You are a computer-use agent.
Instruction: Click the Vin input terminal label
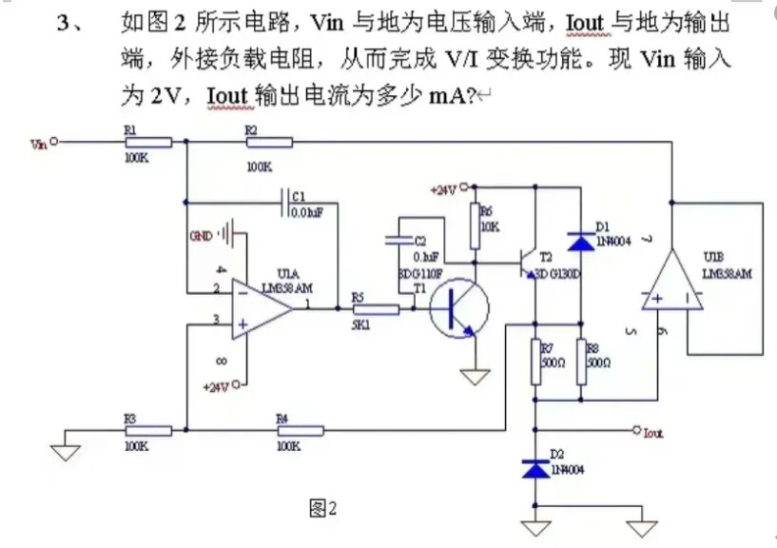click(x=39, y=144)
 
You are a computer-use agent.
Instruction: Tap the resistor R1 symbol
click(x=148, y=143)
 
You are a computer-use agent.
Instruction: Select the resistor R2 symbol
click(x=269, y=143)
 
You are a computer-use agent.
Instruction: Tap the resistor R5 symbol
click(x=376, y=308)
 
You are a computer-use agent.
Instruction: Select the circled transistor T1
click(x=458, y=309)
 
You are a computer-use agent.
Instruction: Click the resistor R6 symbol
click(x=473, y=227)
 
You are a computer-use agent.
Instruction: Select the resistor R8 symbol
click(x=579, y=362)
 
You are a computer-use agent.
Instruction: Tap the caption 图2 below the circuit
click(x=324, y=509)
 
